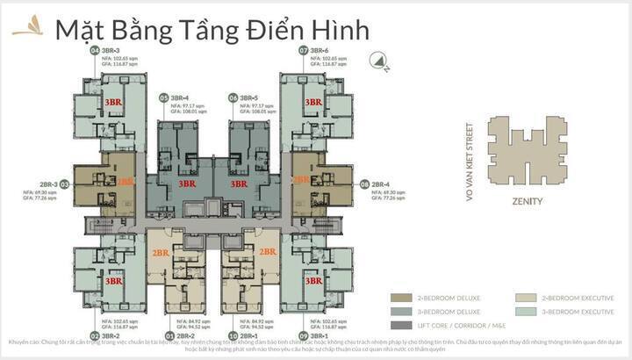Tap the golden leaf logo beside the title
coord(27,27)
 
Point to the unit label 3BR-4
coord(180,97)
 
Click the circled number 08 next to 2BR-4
coord(363,184)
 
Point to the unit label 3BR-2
coord(110,335)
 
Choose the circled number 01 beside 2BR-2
coord(169,335)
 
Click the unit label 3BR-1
coord(317,335)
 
